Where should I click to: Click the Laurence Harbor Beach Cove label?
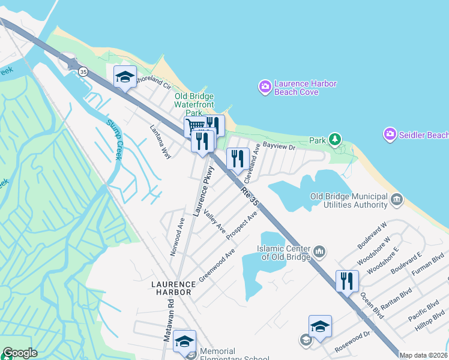306,88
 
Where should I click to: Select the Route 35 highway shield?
83,72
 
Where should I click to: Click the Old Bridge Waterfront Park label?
194,104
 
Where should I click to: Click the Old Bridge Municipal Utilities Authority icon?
396,199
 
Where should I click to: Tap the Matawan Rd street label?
169,323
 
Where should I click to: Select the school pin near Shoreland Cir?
125,77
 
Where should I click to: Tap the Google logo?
20,353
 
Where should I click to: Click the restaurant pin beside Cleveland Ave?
238,159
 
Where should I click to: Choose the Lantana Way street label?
160,141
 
